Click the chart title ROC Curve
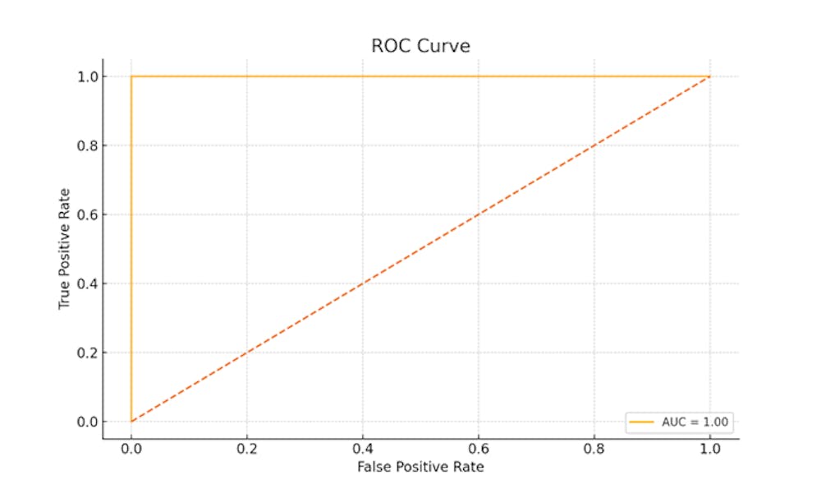click(x=420, y=45)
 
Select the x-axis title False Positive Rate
click(x=420, y=467)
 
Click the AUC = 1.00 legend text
click(x=695, y=422)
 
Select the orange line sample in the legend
click(x=641, y=422)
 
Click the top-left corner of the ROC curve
click(x=131, y=76)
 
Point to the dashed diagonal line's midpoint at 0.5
click(x=420, y=249)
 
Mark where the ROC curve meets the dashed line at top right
click(x=709, y=76)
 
